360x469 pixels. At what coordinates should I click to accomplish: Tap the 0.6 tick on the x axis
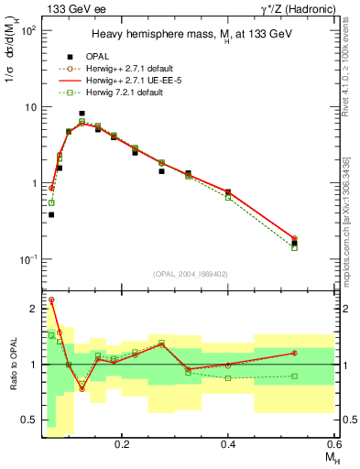tap(333, 443)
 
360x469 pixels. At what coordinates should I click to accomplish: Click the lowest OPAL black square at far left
tap(51, 214)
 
